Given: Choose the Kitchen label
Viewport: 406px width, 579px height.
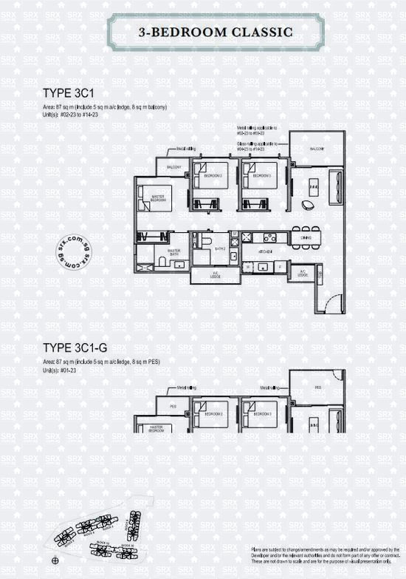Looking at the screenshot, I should tap(266, 251).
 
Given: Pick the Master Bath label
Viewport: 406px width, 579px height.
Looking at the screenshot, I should tap(174, 252).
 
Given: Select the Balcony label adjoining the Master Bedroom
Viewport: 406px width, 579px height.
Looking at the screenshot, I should tap(173, 168).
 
